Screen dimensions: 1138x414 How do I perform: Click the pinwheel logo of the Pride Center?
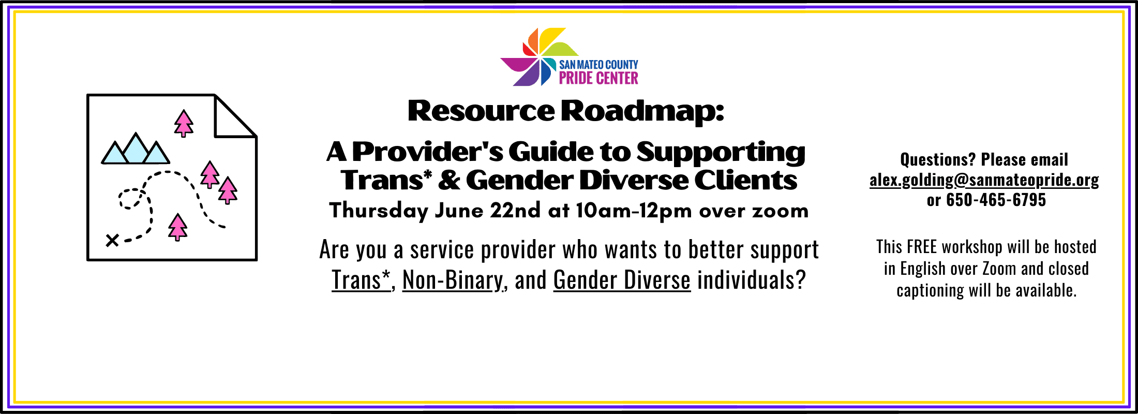pos(539,57)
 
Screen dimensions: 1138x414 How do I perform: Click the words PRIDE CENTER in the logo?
pos(598,78)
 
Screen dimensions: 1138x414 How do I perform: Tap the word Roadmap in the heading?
pos(642,111)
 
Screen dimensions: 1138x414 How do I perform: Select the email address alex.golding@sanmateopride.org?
pos(984,180)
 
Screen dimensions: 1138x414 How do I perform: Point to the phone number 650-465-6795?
pos(996,200)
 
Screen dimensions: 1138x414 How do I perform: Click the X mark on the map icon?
pos(112,240)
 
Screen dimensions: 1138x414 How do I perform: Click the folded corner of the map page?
pos(235,116)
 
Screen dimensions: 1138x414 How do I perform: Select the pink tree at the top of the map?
pos(184,123)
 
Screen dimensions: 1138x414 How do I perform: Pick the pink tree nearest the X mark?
pos(177,227)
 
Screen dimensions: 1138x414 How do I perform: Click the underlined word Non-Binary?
pos(453,280)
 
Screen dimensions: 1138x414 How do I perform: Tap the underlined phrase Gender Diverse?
pos(622,280)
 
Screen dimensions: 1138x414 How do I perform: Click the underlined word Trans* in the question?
pos(361,280)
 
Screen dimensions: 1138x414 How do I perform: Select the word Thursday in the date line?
pos(379,211)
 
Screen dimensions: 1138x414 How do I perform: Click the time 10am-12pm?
pos(634,211)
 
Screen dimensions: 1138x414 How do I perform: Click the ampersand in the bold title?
pos(448,180)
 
